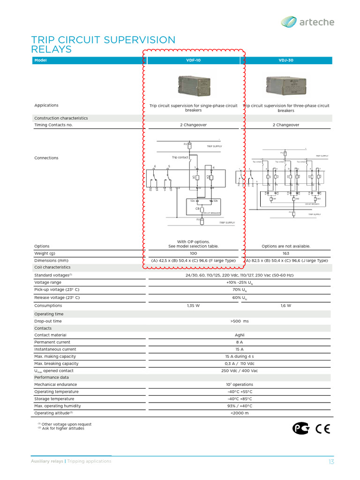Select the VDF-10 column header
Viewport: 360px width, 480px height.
[194, 60]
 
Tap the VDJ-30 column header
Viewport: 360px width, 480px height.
[286, 60]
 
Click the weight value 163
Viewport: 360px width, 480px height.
[286, 254]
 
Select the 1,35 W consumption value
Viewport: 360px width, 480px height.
[194, 306]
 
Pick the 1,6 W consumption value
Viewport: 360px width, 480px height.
[286, 306]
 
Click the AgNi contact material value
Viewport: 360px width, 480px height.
[240, 335]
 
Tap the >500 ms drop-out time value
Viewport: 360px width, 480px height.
[240, 321]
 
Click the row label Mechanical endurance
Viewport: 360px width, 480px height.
[55, 384]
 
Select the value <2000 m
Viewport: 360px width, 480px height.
[240, 413]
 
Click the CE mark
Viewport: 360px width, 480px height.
[323, 428]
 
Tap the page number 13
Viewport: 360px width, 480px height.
[331, 462]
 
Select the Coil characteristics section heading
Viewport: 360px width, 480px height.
[52, 267]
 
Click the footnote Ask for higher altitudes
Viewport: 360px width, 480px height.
[63, 428]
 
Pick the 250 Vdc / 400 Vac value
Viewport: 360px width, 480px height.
[240, 371]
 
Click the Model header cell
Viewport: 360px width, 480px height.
[41, 60]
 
